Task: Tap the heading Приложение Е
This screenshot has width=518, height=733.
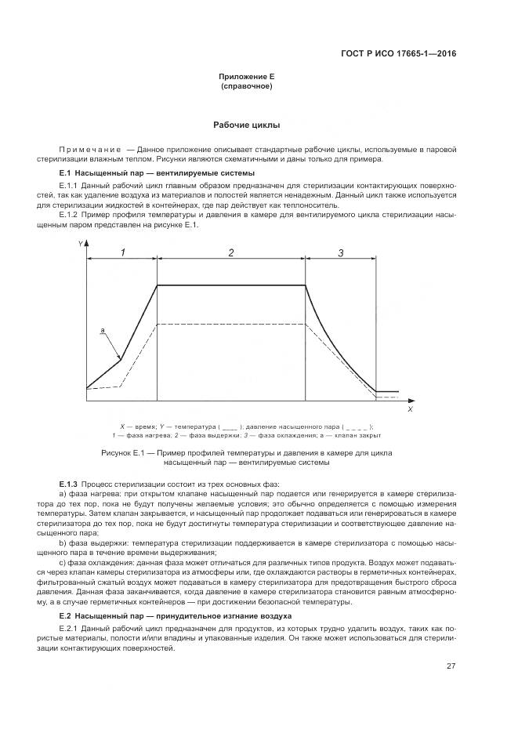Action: point(247,76)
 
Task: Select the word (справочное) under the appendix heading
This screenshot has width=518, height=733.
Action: point(247,85)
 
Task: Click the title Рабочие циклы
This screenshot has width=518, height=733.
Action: point(247,125)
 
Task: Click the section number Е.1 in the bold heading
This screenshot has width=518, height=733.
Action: point(65,172)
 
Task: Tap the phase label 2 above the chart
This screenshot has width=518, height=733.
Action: point(231,252)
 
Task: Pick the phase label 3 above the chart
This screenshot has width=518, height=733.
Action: point(340,252)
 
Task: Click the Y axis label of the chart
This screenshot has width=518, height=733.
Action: point(80,245)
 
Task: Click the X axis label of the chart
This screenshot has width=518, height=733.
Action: point(411,408)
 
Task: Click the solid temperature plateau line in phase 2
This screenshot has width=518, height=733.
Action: point(231,285)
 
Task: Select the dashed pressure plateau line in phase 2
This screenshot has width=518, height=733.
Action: point(231,323)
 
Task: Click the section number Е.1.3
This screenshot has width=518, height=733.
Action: point(68,484)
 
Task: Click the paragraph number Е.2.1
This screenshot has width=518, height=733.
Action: point(68,630)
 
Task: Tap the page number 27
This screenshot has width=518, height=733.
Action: point(451,666)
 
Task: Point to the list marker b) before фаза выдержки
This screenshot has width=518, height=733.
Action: point(63,542)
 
